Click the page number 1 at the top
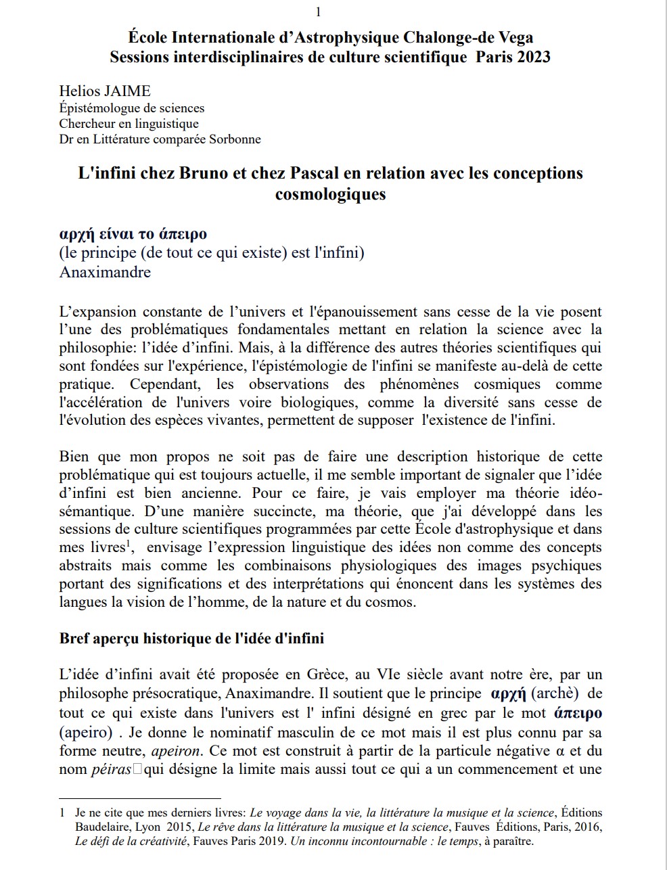click(319, 12)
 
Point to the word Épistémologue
click(99, 108)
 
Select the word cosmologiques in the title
click(330, 194)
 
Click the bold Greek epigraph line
click(133, 234)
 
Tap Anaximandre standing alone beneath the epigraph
click(105, 272)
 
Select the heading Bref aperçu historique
click(191, 638)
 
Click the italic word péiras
click(111, 769)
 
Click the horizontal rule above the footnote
click(140, 799)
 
